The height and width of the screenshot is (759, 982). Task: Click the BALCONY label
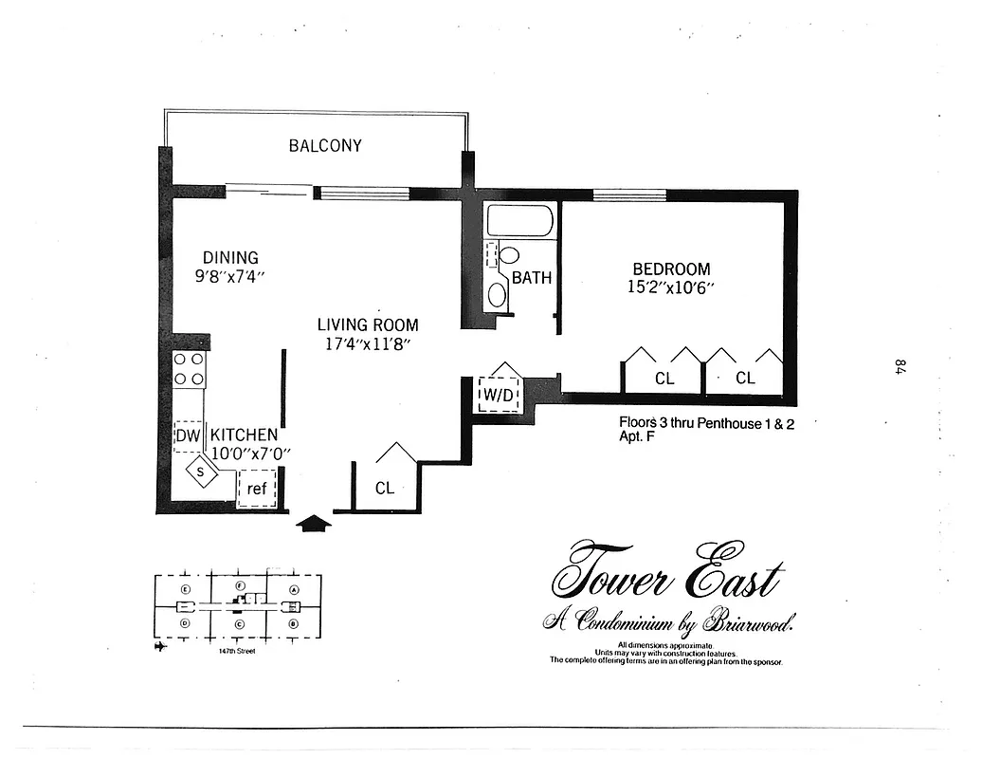[325, 146]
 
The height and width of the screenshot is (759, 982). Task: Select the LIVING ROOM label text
[367, 324]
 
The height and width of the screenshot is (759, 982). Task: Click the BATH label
[531, 278]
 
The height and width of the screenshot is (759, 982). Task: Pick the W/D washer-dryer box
[499, 393]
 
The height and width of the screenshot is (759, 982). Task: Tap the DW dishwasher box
[188, 435]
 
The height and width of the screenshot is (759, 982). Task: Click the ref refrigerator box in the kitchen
[257, 490]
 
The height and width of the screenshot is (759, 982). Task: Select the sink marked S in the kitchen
[202, 469]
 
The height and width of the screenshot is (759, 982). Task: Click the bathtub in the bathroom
[519, 222]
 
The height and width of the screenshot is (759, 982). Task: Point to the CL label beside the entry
[384, 489]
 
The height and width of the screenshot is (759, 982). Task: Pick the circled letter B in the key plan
[294, 623]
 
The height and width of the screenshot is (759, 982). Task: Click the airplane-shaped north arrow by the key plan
[158, 647]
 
